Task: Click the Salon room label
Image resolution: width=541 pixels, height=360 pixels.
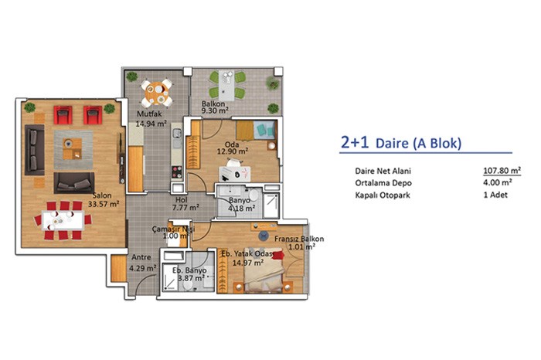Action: [102, 195]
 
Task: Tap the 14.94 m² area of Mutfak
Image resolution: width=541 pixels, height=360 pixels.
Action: [151, 123]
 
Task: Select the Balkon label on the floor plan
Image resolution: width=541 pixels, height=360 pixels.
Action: [213, 103]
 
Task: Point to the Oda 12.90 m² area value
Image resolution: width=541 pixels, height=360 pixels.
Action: [233, 151]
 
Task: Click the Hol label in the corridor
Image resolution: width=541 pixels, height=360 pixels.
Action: [181, 199]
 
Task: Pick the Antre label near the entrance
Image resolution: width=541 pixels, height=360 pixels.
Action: [141, 257]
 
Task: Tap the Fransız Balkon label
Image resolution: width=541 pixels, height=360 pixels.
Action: [299, 239]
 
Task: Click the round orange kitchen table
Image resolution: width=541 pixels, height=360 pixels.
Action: [157, 93]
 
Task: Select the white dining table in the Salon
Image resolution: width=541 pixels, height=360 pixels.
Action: [63, 220]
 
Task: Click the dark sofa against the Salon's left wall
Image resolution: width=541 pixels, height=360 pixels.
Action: [35, 150]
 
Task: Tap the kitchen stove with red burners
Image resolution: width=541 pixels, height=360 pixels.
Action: [177, 172]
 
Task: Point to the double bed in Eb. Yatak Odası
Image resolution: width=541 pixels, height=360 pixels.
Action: [264, 270]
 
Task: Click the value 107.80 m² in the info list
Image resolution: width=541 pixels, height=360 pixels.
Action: [502, 171]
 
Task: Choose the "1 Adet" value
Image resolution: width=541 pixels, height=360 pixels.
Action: [495, 195]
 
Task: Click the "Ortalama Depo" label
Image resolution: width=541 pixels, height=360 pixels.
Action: [383, 183]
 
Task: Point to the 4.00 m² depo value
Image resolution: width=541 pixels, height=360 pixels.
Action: [498, 182]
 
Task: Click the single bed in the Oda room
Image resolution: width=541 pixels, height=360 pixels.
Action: [257, 131]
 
